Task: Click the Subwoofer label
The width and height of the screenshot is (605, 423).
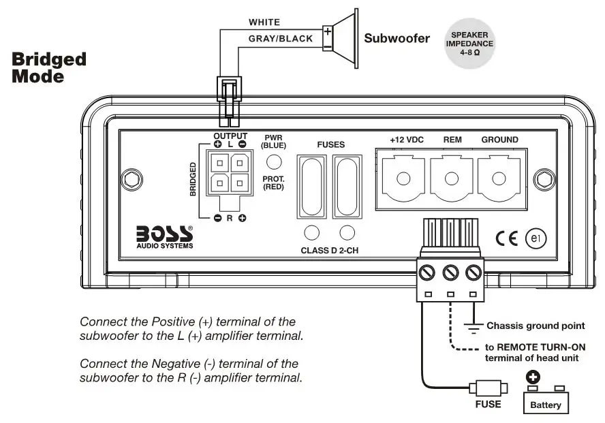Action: [x=397, y=38]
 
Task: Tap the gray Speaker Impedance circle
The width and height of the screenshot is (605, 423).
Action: [x=469, y=44]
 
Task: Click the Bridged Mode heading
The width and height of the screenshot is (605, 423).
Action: [x=49, y=67]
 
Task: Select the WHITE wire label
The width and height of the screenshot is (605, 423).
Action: [x=264, y=22]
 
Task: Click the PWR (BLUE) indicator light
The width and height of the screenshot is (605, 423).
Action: [x=274, y=161]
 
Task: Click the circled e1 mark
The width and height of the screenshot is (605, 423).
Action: [x=535, y=238]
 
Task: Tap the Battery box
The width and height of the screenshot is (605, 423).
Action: [x=546, y=401]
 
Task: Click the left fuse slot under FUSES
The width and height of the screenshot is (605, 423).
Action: [x=311, y=185]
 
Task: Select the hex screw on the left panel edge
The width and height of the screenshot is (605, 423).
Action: [x=129, y=180]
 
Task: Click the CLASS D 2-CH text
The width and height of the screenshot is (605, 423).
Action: [x=329, y=251]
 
